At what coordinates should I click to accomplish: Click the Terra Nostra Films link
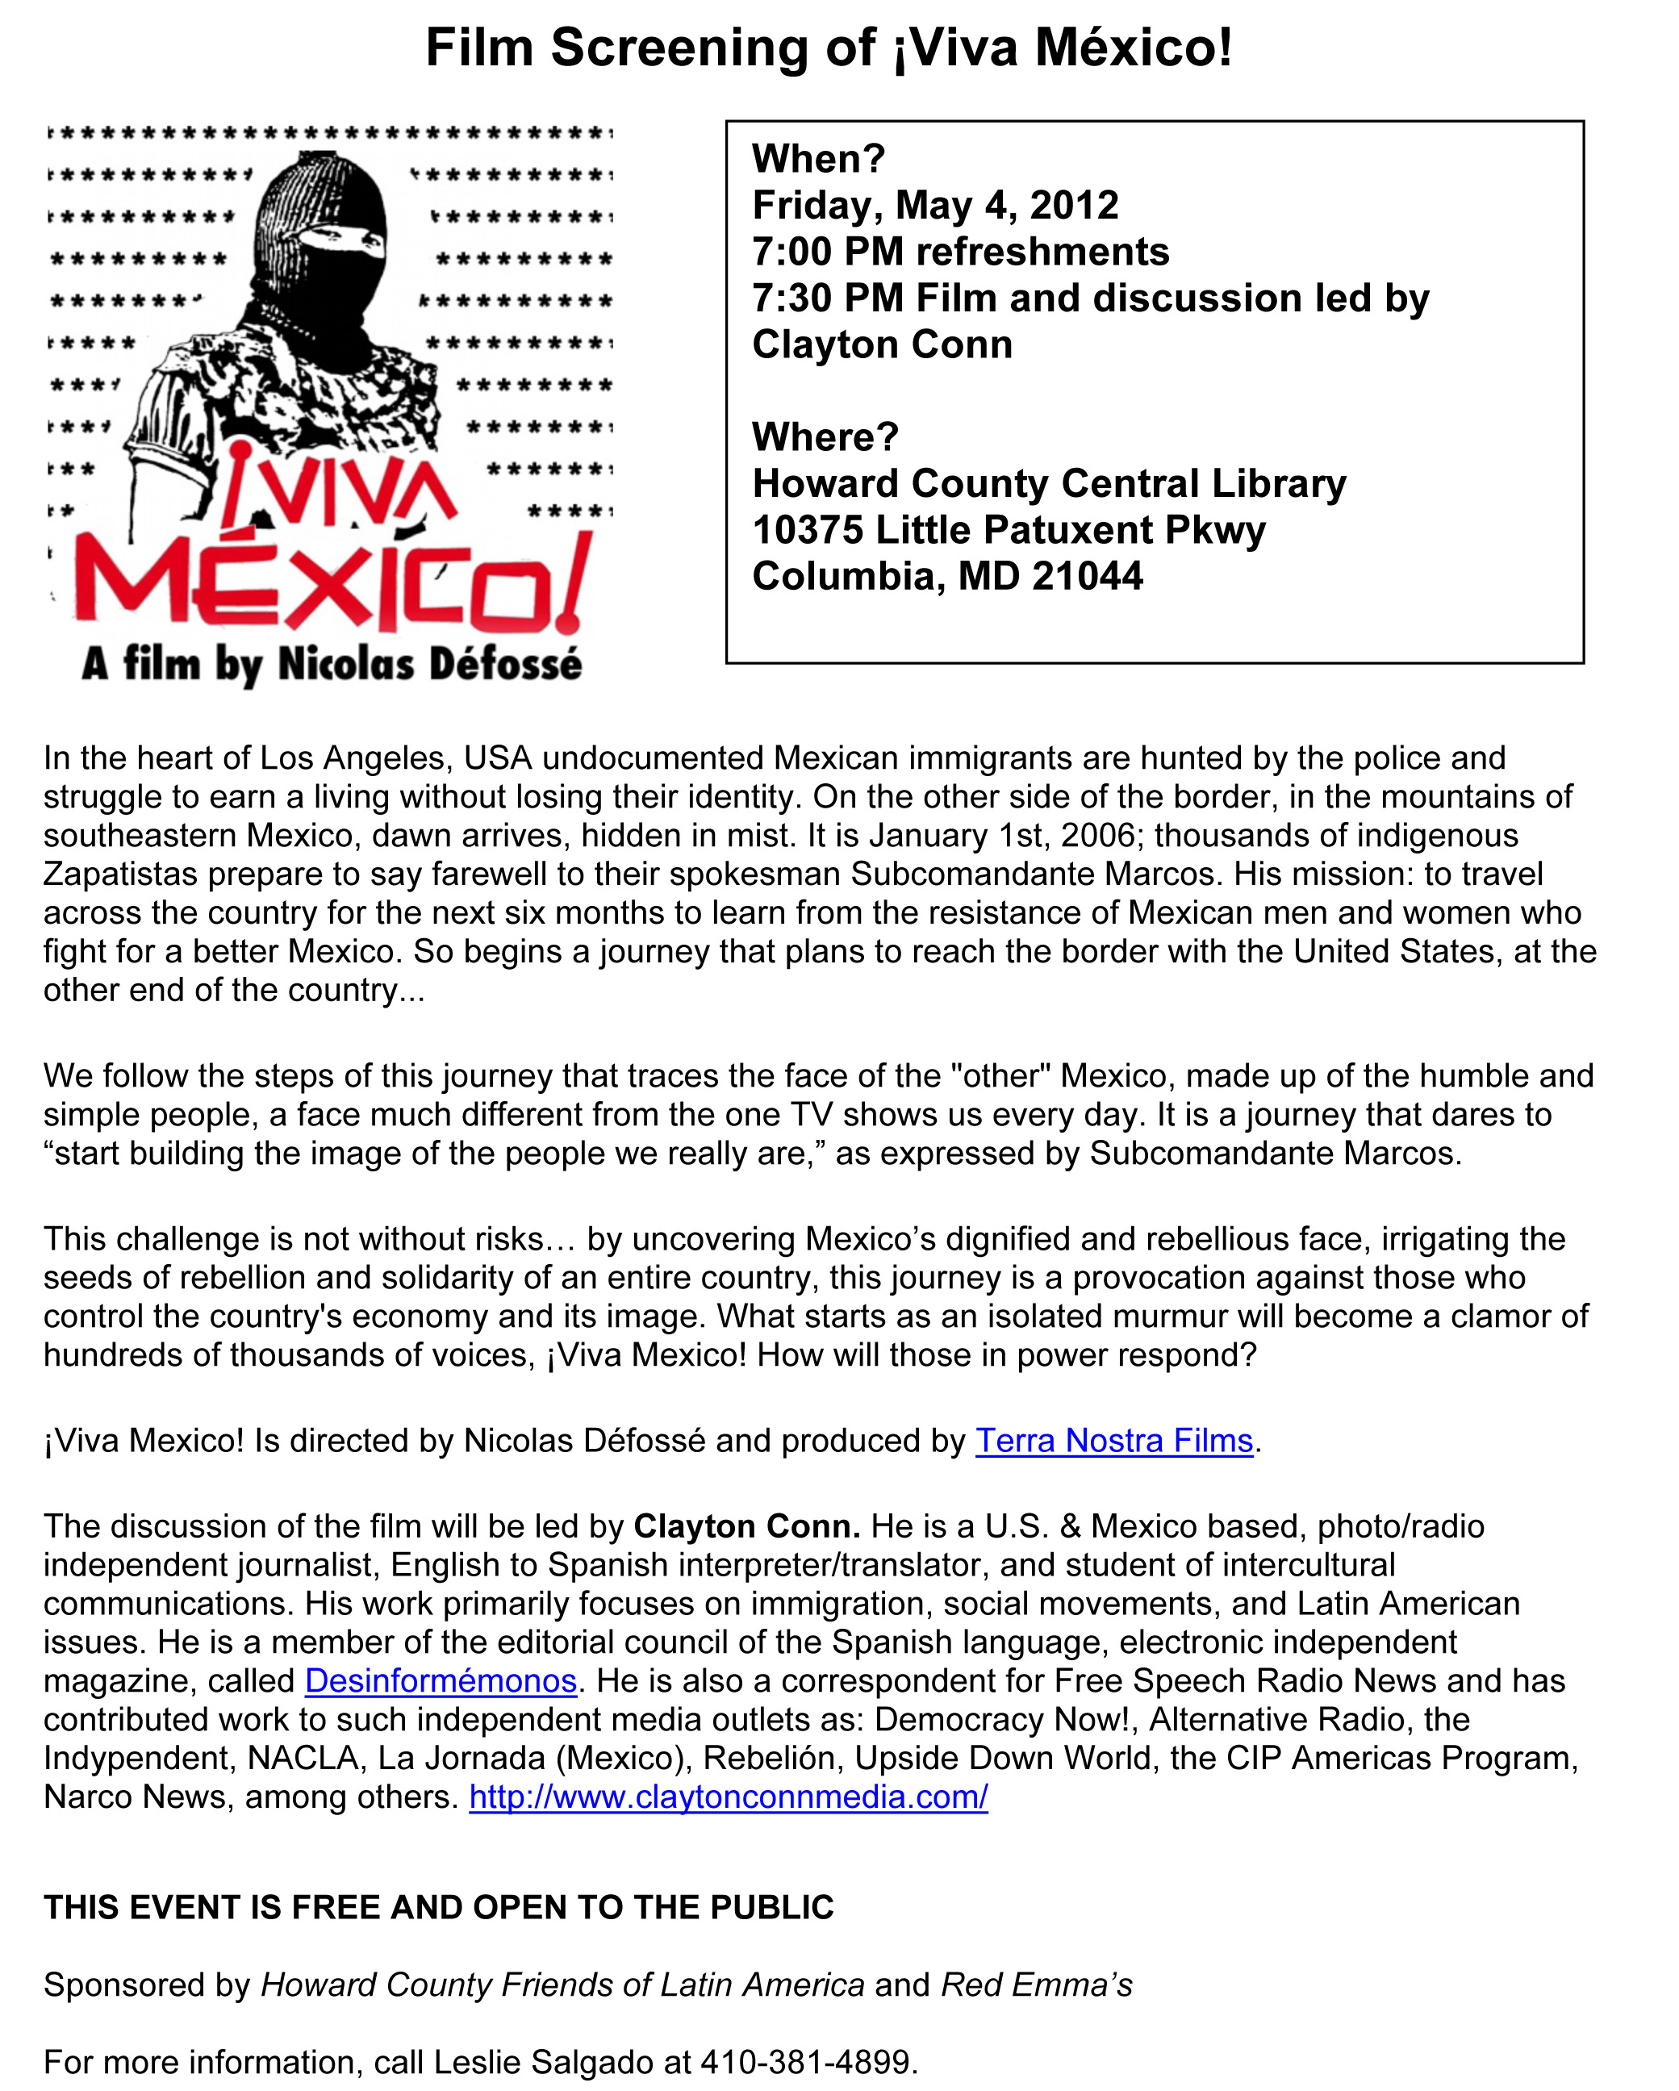pyautogui.click(x=1113, y=1442)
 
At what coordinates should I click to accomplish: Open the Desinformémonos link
pyautogui.click(x=441, y=1680)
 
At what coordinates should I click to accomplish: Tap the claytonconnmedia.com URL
pyautogui.click(x=729, y=1797)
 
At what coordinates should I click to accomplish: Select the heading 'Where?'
pyautogui.click(x=825, y=437)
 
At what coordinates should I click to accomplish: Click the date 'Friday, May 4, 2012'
pyautogui.click(x=935, y=206)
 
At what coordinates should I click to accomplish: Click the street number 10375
pyautogui.click(x=807, y=531)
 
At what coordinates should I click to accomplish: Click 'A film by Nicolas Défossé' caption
pyautogui.click(x=332, y=666)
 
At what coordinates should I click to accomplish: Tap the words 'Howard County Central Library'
pyautogui.click(x=1050, y=484)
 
